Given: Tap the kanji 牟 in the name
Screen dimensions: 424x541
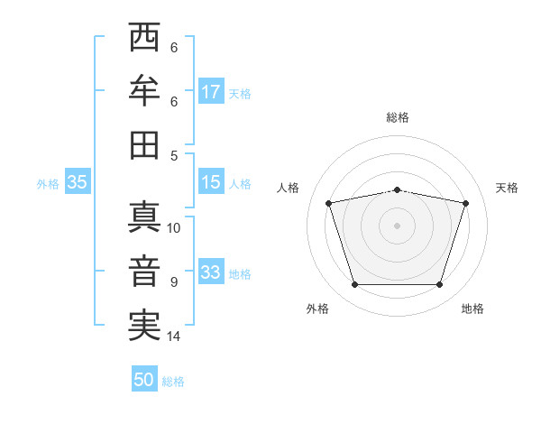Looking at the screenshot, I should click(144, 90).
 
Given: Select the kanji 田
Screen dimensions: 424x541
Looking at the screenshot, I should click(144, 144).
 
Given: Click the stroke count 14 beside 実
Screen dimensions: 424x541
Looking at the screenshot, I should click(174, 336).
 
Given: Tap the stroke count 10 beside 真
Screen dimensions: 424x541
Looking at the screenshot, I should click(174, 227).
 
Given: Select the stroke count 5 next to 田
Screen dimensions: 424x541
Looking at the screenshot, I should click(174, 155).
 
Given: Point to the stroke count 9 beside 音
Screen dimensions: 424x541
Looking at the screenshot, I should click(174, 282).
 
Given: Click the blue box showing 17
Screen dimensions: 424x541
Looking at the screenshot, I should click(211, 92).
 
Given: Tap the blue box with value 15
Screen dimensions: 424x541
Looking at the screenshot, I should click(211, 182).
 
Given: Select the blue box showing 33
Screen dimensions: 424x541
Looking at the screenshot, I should click(211, 272).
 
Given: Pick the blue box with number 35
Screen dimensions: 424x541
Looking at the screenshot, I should click(77, 182).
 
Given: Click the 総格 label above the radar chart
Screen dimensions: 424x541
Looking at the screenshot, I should click(398, 117).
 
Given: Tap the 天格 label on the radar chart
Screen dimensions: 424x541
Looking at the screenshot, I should click(507, 188).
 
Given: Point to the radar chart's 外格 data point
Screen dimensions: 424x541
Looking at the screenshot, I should click(354, 285).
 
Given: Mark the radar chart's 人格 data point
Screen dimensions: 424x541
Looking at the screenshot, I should click(328, 203).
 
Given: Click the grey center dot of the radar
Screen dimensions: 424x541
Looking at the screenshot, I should click(397, 226).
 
